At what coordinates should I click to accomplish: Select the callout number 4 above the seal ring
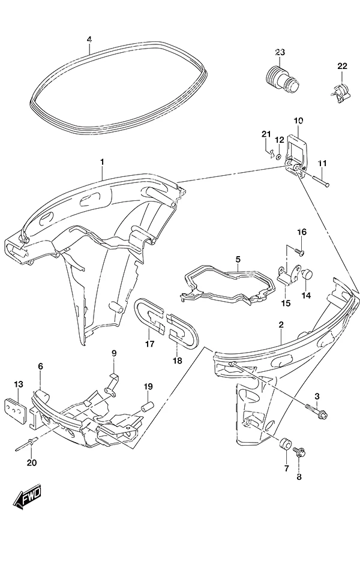click(89, 39)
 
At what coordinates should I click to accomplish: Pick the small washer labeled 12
click(278, 157)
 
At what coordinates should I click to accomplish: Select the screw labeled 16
click(299, 251)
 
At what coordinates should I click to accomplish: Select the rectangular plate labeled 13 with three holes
click(14, 411)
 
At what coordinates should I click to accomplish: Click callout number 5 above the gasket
click(238, 259)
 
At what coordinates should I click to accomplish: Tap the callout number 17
click(149, 344)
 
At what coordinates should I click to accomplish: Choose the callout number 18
click(177, 360)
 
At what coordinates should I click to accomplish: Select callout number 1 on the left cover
click(102, 161)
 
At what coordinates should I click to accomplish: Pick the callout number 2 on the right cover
click(281, 324)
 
